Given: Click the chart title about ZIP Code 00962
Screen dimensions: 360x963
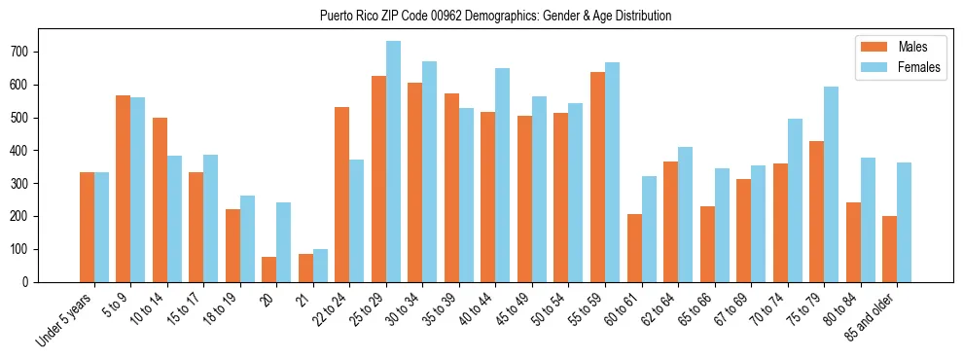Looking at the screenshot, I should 495,17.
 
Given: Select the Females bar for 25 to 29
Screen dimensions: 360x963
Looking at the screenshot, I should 393,162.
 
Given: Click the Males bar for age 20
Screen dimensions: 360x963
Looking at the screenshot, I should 269,270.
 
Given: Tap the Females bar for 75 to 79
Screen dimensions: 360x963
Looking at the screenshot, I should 831,185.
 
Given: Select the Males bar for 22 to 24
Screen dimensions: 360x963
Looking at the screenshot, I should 342,195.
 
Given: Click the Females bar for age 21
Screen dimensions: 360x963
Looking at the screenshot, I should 320,266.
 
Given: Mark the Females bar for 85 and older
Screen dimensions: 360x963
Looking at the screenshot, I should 904,222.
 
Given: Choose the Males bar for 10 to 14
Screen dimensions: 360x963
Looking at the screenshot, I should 160,199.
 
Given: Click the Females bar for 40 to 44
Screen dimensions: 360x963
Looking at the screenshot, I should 503,175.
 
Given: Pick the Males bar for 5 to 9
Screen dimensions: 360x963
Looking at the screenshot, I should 124,189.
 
